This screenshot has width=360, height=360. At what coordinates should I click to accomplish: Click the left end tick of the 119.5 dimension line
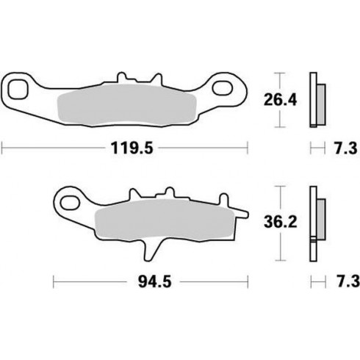coord(2,148)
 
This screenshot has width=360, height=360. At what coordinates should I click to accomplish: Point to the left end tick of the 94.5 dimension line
coord(53,280)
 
